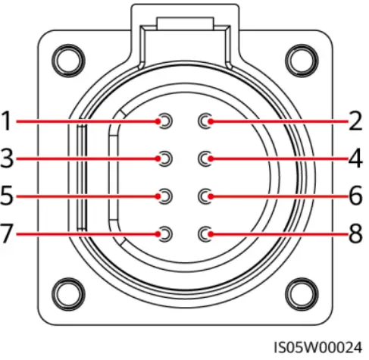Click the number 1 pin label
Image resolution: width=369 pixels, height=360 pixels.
tap(7, 121)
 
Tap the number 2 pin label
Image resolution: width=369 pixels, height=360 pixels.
tap(355, 121)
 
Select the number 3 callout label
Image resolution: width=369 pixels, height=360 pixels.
tap(7, 158)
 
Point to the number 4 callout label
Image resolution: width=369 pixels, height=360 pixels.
tap(355, 158)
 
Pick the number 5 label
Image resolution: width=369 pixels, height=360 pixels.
tap(7, 195)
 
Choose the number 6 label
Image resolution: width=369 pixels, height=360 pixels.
tap(356, 195)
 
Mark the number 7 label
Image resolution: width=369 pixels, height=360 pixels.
tap(7, 233)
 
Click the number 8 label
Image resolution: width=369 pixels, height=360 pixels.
tap(356, 233)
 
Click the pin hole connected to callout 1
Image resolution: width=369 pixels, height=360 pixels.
tap(165, 121)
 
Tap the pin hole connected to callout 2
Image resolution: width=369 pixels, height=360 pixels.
tap(205, 121)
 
